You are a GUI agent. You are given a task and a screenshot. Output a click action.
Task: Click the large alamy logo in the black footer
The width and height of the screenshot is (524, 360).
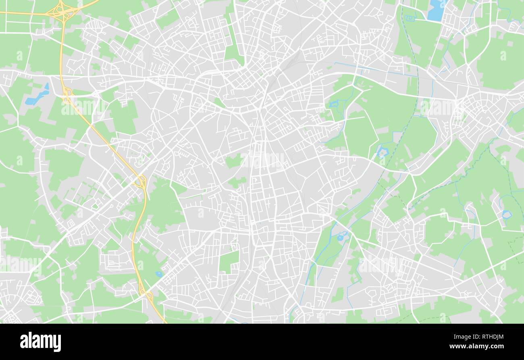click(40, 342)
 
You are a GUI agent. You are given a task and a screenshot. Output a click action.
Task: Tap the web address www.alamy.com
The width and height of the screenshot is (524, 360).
click(474, 346)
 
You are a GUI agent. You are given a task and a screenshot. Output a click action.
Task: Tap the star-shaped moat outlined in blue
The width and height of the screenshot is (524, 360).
click(382, 152)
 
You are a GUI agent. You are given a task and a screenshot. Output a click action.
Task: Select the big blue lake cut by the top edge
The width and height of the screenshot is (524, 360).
click(436, 10)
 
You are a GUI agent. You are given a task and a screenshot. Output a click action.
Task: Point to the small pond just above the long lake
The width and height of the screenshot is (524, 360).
click(47, 86)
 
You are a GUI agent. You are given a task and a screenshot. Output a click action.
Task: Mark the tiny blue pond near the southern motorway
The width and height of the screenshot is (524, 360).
click(159, 274)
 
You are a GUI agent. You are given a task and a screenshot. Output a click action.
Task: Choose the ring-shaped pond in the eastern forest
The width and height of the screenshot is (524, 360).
click(506, 214)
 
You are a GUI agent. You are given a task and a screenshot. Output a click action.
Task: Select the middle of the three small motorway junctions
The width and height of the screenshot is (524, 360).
click(141, 182)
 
